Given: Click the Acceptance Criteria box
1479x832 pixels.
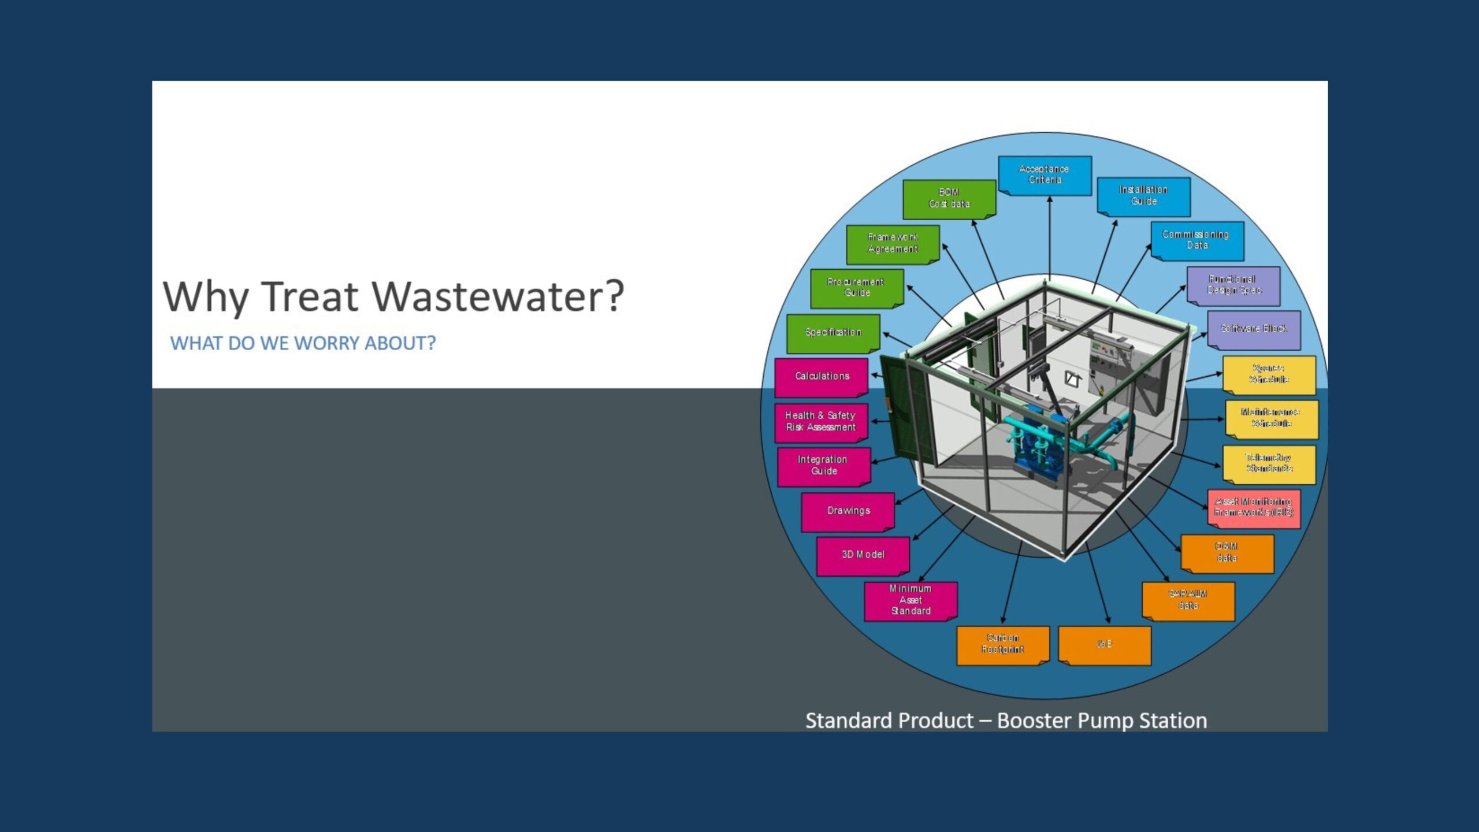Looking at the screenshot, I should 1045,174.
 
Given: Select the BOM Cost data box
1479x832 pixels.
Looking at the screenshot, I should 949,198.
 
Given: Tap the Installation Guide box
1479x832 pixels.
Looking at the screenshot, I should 1143,196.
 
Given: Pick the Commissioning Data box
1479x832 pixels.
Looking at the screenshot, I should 1196,240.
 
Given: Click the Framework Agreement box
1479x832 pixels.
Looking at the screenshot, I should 893,243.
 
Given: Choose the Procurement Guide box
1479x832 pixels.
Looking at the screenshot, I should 856,287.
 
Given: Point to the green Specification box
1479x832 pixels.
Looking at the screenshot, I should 833,332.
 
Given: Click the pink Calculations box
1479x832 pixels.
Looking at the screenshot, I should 822,377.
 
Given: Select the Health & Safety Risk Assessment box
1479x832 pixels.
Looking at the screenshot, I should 820,422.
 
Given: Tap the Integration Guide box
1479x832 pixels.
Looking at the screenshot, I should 823,466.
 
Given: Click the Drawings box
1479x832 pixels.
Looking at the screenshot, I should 848,511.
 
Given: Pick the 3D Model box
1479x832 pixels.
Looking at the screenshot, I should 863,555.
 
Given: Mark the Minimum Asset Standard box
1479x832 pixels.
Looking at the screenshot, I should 911,600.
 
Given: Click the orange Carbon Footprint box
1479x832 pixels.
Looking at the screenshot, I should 1002,644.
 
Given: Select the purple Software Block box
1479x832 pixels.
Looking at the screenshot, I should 1254,329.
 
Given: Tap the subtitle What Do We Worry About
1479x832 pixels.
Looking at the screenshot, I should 303,343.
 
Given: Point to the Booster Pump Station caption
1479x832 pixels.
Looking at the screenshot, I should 1006,720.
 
